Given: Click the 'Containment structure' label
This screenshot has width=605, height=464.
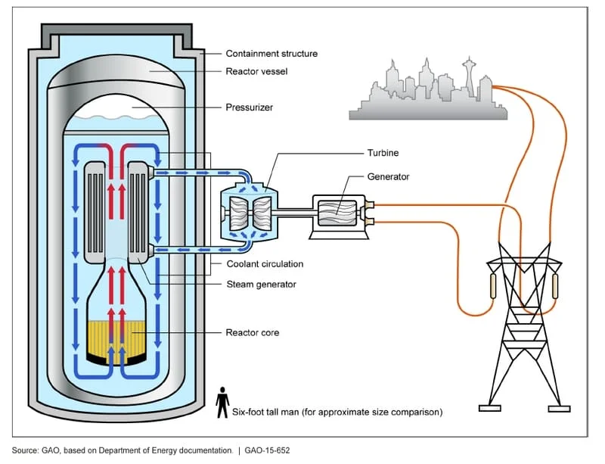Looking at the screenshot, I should pos(271,54).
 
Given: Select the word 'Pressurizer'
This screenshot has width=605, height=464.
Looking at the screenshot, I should pos(250,107).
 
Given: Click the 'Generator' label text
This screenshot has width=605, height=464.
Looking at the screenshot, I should pos(388,176).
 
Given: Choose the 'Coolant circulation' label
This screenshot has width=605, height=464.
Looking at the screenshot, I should pos(265,264).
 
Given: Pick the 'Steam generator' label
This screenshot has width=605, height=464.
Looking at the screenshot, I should pos(261,285).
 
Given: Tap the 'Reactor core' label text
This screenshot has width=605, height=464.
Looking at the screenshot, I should pos(253,332).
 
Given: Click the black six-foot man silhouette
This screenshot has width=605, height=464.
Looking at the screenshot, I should pos(222,403).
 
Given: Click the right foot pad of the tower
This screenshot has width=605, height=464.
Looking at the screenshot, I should pos(559,409).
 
